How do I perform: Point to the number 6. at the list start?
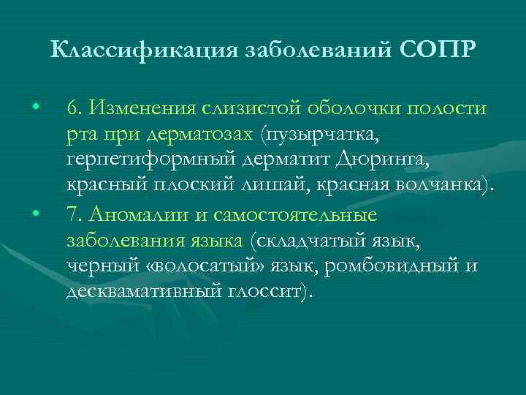click(73, 108)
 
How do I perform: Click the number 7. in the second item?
click(73, 215)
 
